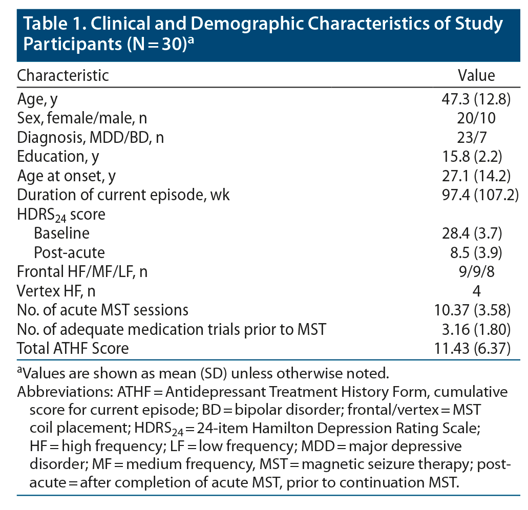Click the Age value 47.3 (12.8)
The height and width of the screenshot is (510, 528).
tap(476, 99)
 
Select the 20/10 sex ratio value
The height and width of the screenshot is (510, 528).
tap(476, 118)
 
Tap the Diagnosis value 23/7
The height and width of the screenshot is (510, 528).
tap(476, 137)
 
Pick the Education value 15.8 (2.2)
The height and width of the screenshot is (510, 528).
tap(476, 157)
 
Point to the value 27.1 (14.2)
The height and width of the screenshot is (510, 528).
tap(476, 176)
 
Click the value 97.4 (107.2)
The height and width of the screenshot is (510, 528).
tap(476, 195)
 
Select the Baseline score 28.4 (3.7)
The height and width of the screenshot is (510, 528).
tap(476, 233)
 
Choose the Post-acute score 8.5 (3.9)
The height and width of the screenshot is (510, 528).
tap(476, 252)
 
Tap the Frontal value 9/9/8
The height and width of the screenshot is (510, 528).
tap(476, 272)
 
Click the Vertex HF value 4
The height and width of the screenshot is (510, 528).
tap(476, 291)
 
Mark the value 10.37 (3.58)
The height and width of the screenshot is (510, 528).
tap(476, 310)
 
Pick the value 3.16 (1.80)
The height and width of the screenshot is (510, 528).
tap(476, 329)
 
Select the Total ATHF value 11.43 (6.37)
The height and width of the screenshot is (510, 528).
tap(476, 349)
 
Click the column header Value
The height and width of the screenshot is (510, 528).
tap(476, 76)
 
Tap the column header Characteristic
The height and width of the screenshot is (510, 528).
tap(63, 76)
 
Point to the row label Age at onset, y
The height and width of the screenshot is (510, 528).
tap(67, 176)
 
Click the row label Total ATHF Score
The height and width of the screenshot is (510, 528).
tap(73, 349)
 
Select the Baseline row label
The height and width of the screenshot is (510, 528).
tap(61, 233)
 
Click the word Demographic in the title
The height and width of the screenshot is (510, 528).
tap(230, 24)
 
